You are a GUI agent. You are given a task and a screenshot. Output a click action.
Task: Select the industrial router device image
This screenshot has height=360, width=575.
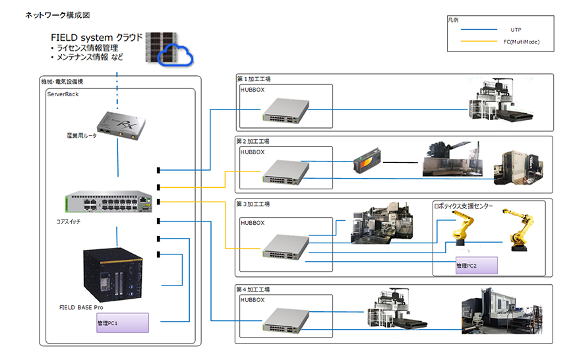(119, 125)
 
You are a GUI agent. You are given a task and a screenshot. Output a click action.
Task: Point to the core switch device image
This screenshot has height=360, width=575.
(109, 202)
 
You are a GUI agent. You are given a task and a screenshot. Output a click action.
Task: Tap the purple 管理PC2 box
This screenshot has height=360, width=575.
(476, 266)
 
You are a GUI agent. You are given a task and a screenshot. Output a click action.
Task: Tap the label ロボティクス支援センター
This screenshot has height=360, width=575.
(464, 206)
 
